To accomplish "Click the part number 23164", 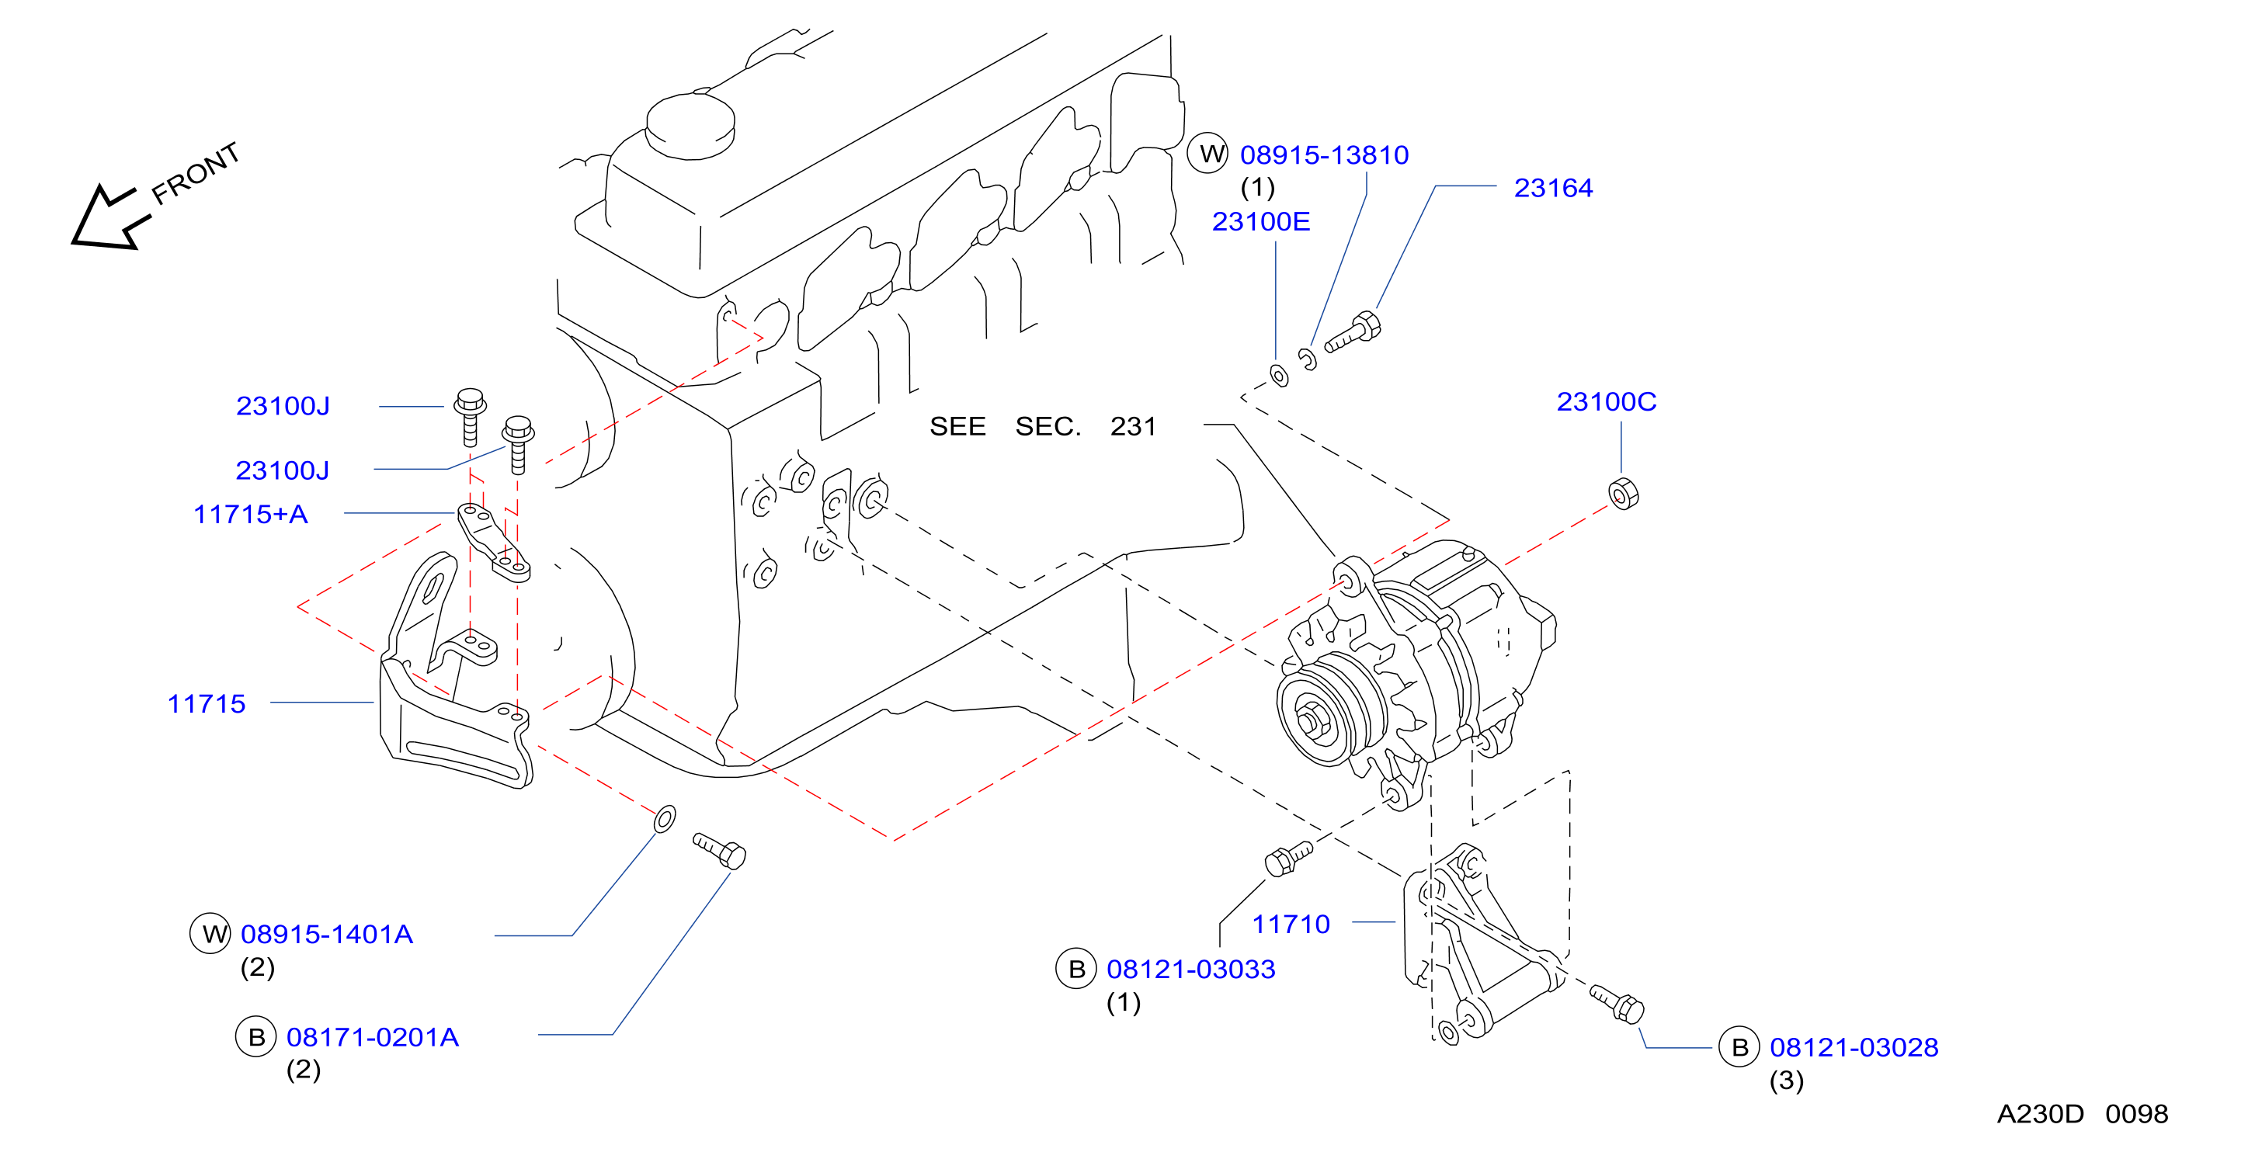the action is coord(1553,188).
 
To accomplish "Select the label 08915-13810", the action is coord(1324,155).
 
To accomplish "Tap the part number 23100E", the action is coord(1260,221).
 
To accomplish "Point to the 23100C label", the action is coord(1607,402).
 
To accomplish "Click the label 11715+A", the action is coord(250,514).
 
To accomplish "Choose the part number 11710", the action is coord(1291,924).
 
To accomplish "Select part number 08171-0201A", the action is coord(372,1037).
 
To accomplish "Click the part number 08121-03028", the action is coord(1854,1047).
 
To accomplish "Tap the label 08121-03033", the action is coord(1190,969).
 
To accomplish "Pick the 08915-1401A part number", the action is coord(326,934).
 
